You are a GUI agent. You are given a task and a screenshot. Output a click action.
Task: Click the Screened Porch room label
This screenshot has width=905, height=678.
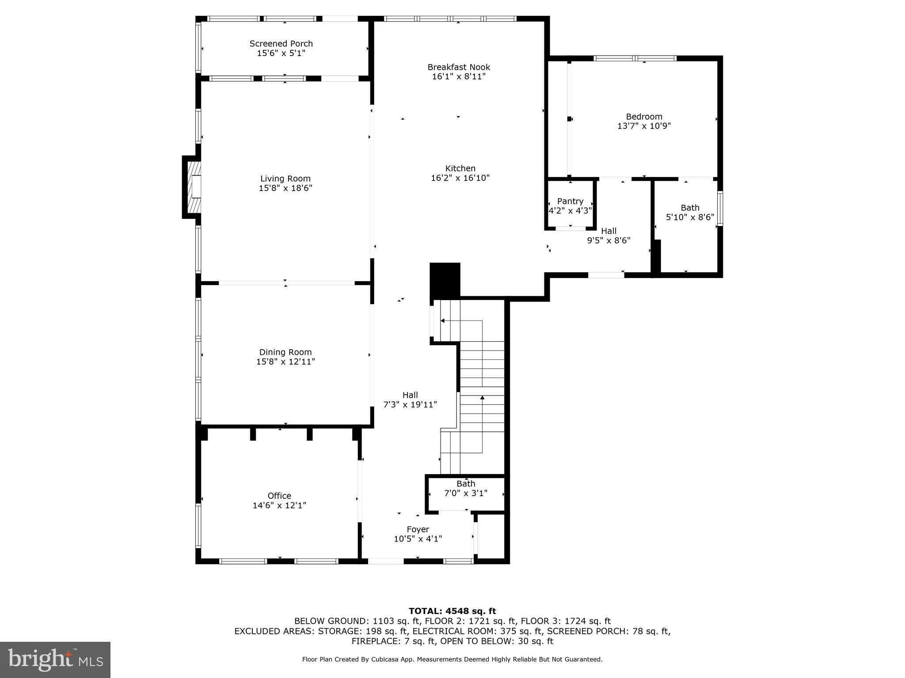pyautogui.click(x=281, y=44)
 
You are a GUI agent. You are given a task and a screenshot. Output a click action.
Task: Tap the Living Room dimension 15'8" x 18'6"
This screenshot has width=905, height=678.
pyautogui.click(x=285, y=188)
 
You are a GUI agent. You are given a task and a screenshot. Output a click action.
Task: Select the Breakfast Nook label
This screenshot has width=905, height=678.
pyautogui.click(x=459, y=67)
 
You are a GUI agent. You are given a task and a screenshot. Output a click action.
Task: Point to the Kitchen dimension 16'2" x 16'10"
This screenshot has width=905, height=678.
pyautogui.click(x=460, y=178)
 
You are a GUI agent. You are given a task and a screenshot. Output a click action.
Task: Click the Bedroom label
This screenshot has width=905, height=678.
pyautogui.click(x=644, y=117)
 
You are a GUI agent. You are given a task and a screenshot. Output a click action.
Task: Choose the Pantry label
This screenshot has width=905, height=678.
pyautogui.click(x=570, y=201)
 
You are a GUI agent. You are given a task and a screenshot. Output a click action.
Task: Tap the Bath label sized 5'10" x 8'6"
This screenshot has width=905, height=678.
pyautogui.click(x=690, y=207)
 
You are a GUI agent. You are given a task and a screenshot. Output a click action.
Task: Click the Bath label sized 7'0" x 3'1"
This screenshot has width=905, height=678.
pyautogui.click(x=466, y=484)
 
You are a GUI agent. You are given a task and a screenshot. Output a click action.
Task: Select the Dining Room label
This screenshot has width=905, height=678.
pyautogui.click(x=285, y=352)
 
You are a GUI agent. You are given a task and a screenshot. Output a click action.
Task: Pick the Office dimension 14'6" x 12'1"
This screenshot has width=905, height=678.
pyautogui.click(x=279, y=505)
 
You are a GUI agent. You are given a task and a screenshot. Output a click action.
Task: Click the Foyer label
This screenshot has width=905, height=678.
pyautogui.click(x=418, y=529)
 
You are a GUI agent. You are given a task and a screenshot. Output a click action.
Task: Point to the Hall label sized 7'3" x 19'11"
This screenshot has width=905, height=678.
pyautogui.click(x=410, y=395)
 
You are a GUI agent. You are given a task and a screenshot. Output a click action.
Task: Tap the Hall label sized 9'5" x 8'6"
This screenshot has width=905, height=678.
pyautogui.click(x=608, y=231)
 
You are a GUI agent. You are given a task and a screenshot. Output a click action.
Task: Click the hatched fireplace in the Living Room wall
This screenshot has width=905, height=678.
pyautogui.click(x=194, y=187)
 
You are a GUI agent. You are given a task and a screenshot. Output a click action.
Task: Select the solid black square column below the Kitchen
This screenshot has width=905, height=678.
pyautogui.click(x=445, y=281)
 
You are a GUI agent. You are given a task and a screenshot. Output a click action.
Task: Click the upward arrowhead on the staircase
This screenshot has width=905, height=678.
pyautogui.click(x=482, y=398)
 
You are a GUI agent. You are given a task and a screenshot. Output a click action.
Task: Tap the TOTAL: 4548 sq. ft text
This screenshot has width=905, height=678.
pyautogui.click(x=452, y=611)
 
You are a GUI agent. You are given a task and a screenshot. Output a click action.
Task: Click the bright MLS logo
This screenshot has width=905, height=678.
pyautogui.click(x=55, y=659)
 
